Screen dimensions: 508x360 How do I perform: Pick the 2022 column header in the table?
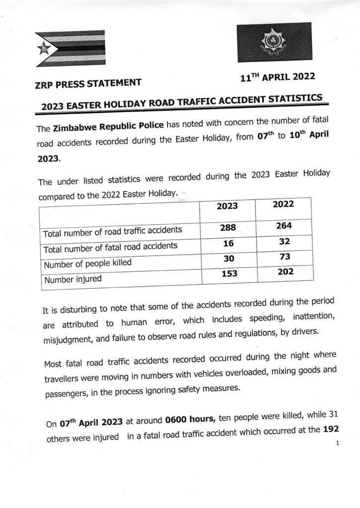coord(284,204)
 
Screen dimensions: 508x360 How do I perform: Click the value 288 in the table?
coord(227,228)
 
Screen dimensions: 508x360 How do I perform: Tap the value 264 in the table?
coord(284,226)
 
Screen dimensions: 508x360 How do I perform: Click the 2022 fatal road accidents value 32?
coord(284,242)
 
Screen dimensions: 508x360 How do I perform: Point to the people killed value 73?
coord(284,257)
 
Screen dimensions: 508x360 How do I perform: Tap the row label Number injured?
coord(73,280)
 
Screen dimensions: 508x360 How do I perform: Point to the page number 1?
coord(337,443)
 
